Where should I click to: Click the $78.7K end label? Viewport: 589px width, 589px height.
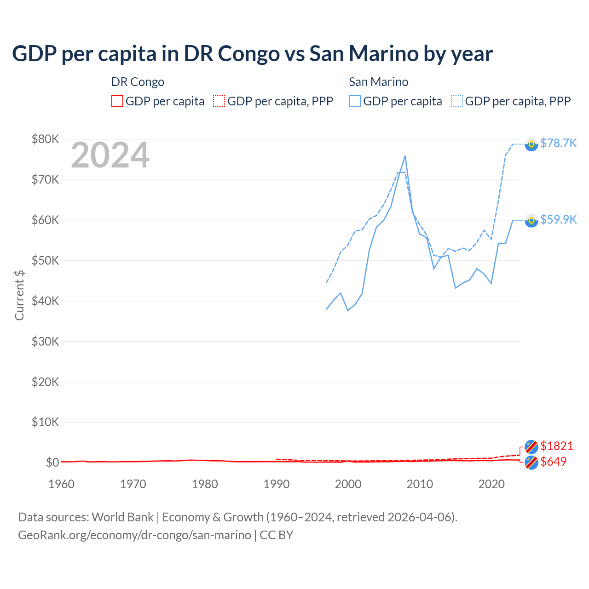[558, 143]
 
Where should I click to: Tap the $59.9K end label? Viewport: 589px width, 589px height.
[558, 219]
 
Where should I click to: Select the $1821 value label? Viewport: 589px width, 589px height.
[556, 446]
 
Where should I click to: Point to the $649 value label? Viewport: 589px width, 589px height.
[553, 462]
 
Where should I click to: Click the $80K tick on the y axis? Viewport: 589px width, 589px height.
[45, 139]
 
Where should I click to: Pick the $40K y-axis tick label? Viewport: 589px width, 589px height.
[45, 301]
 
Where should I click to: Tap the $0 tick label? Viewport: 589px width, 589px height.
[52, 462]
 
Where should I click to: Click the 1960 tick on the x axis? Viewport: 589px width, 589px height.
[61, 484]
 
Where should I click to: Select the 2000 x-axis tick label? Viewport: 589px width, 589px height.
[348, 484]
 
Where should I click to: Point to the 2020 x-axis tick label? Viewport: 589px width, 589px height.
[491, 484]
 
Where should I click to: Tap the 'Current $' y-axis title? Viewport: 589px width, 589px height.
[19, 295]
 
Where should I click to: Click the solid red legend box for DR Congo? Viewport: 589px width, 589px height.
[117, 101]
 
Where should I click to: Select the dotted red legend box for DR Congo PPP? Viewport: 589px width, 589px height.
[219, 101]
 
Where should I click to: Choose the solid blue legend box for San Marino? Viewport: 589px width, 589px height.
[355, 101]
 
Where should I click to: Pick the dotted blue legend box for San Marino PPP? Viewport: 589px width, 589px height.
[457, 101]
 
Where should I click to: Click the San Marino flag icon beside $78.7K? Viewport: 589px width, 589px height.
[531, 144]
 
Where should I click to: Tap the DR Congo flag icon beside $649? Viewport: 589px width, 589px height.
[531, 462]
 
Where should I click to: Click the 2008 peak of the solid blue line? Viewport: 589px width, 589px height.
[405, 156]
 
